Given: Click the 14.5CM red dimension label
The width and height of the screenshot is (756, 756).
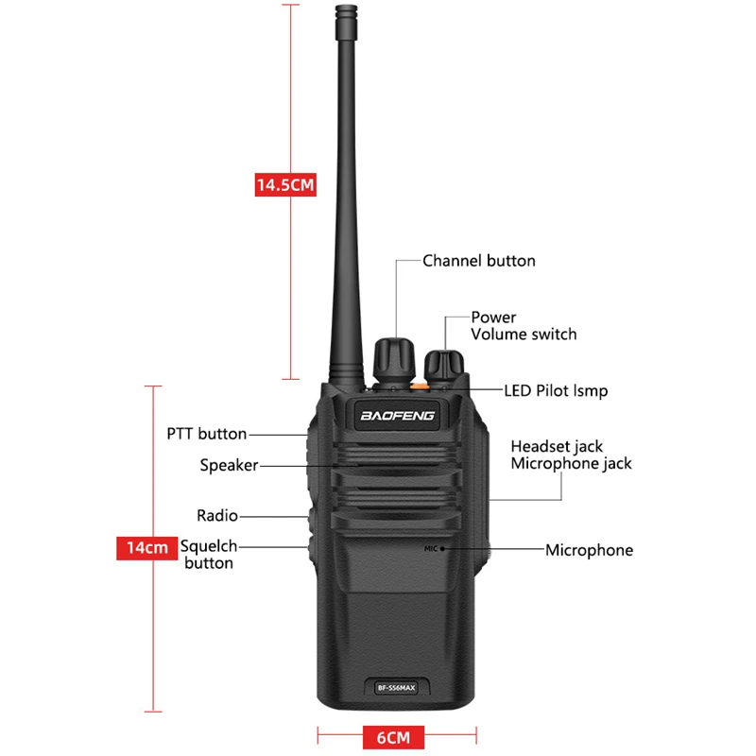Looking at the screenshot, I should click(284, 184).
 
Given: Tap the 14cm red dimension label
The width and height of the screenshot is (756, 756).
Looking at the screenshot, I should click(146, 546).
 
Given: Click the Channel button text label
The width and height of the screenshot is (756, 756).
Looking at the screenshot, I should click(478, 261).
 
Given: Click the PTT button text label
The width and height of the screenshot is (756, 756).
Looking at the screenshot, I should click(206, 434).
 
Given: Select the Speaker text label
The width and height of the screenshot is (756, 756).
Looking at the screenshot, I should click(229, 465).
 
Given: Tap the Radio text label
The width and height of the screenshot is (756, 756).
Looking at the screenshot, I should click(217, 516).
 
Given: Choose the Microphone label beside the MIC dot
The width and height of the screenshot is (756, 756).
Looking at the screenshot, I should click(589, 550).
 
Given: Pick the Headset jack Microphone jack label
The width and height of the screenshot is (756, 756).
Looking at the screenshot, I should click(571, 455).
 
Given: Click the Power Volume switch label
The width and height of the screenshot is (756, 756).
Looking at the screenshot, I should click(523, 326).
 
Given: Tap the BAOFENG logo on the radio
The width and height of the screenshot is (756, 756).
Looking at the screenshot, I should click(397, 415).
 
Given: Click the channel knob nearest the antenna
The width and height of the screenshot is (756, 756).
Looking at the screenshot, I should click(395, 357).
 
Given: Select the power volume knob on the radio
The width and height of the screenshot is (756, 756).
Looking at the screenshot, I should click(443, 365).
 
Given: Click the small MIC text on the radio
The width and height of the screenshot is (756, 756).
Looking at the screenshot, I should click(431, 548).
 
